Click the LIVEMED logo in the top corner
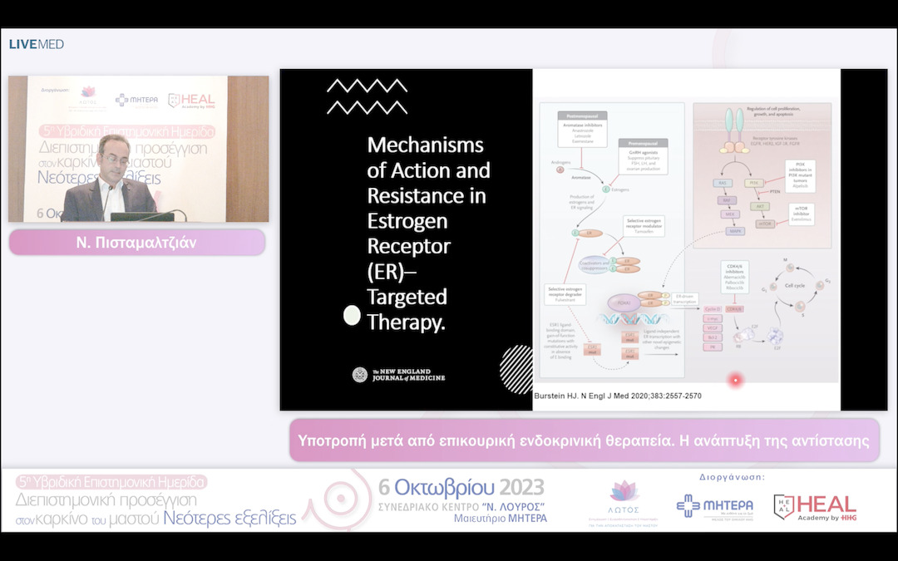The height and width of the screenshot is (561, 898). (37, 44)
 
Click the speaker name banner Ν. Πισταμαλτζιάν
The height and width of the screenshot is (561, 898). (137, 242)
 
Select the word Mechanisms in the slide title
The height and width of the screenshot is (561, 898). (425, 145)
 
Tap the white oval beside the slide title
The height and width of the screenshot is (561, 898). (352, 315)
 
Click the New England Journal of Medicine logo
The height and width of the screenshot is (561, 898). (398, 375)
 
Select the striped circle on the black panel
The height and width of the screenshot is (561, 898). (516, 368)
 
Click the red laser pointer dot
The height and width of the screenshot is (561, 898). (735, 381)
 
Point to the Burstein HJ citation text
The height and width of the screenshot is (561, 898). (617, 396)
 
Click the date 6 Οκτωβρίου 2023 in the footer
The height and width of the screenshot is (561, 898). (461, 487)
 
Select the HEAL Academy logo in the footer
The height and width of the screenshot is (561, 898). (815, 506)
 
